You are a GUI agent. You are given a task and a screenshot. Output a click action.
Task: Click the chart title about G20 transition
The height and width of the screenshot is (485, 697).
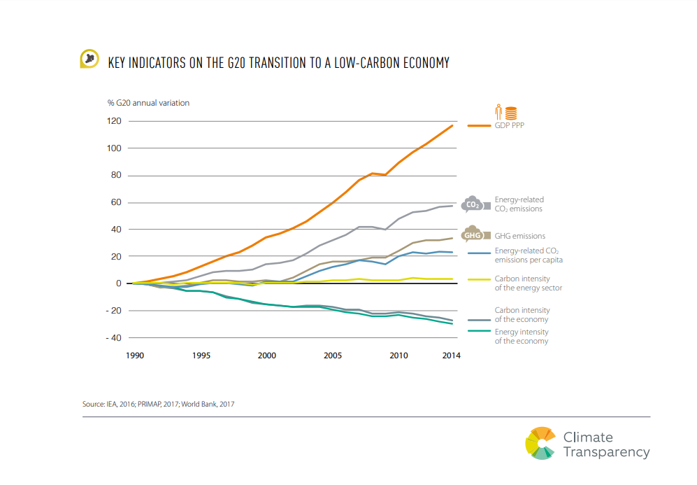click(278, 63)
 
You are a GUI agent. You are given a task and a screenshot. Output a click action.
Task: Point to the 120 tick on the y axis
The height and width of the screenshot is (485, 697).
click(114, 121)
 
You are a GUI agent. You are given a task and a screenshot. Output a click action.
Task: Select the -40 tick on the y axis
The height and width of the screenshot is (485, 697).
click(113, 337)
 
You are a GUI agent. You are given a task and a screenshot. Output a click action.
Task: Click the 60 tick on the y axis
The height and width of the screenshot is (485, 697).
click(116, 202)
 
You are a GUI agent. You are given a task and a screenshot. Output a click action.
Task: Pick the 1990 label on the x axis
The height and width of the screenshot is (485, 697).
click(135, 356)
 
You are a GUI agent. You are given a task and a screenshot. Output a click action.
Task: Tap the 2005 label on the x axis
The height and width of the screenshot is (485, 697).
click(333, 356)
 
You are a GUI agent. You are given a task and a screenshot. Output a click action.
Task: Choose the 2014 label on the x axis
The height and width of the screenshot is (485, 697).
click(452, 356)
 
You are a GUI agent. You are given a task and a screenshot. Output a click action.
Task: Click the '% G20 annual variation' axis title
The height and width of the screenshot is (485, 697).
click(148, 103)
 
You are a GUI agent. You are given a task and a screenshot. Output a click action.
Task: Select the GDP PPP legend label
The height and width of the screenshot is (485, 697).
click(510, 126)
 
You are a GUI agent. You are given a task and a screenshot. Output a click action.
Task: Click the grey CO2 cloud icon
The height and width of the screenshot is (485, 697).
click(473, 204)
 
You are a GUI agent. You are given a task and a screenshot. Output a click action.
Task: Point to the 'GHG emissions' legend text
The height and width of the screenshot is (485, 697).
click(520, 237)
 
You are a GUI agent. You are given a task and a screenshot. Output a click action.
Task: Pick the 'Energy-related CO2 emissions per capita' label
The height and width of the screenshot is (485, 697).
click(529, 255)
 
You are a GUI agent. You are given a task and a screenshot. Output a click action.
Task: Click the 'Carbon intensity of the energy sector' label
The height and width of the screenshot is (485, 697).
click(529, 283)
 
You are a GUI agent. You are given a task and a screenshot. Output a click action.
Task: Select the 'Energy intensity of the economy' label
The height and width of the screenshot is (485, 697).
click(522, 337)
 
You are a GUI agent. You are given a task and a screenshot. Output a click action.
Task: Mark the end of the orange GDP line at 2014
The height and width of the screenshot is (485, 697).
click(453, 125)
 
